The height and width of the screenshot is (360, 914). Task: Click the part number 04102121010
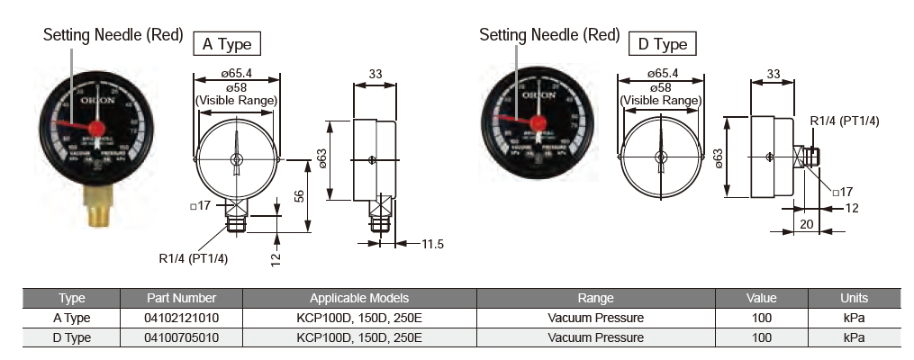(x=182, y=318)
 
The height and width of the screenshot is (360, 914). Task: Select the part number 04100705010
(x=182, y=337)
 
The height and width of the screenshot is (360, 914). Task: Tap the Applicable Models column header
(x=359, y=298)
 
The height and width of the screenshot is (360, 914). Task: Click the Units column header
(x=854, y=298)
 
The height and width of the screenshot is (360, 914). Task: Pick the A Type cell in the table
(x=71, y=318)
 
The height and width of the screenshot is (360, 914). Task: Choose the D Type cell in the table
(x=71, y=337)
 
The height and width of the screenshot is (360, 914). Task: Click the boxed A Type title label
(x=227, y=42)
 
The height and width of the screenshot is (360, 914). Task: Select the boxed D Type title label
(x=662, y=43)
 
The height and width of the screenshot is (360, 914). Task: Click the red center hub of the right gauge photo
(x=538, y=123)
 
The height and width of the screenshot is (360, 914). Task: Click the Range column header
(x=595, y=298)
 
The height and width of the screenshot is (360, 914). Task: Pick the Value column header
(x=761, y=298)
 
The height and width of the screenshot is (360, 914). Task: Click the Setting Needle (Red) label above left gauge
(x=113, y=36)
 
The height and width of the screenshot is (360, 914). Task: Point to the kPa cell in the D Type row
(x=854, y=337)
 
